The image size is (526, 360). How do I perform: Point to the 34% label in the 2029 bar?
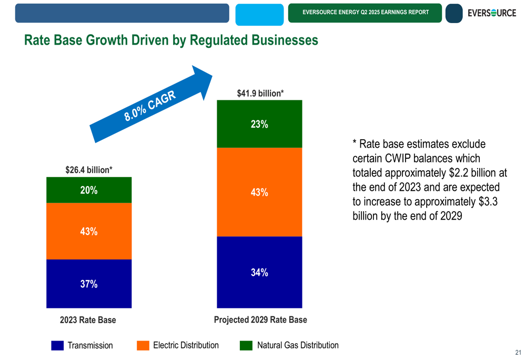coord(259,272)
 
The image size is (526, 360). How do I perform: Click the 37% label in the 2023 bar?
coord(89,284)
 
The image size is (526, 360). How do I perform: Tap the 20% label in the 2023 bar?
coord(89,190)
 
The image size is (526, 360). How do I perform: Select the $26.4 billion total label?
coord(89,170)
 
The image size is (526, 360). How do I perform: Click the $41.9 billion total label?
coord(260,94)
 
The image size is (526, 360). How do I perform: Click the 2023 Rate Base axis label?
coord(88,320)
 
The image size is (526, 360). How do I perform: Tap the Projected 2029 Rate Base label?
coord(260,320)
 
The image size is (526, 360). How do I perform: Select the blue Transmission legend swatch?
coord(57,345)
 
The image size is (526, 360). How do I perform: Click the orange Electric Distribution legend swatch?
coord(143,345)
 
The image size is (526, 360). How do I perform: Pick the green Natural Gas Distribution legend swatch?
coord(246,345)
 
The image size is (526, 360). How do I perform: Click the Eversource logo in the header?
coord(491,13)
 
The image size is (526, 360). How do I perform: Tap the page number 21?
coord(518,352)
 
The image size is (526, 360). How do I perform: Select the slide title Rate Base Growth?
coord(171,40)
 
